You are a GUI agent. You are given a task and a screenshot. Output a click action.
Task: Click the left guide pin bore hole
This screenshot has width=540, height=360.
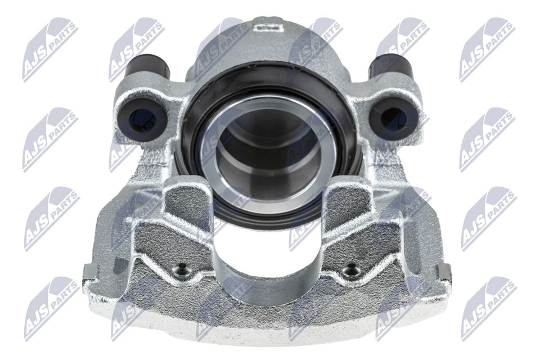click(141, 119)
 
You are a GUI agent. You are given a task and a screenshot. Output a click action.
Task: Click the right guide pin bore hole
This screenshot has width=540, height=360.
click(393, 119)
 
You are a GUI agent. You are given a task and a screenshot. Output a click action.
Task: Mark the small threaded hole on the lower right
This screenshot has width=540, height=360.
click(352, 272)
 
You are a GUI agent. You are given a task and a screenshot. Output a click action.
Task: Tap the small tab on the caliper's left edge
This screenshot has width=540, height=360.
click(88, 274)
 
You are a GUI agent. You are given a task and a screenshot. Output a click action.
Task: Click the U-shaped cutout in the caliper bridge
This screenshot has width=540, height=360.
click(267, 247)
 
